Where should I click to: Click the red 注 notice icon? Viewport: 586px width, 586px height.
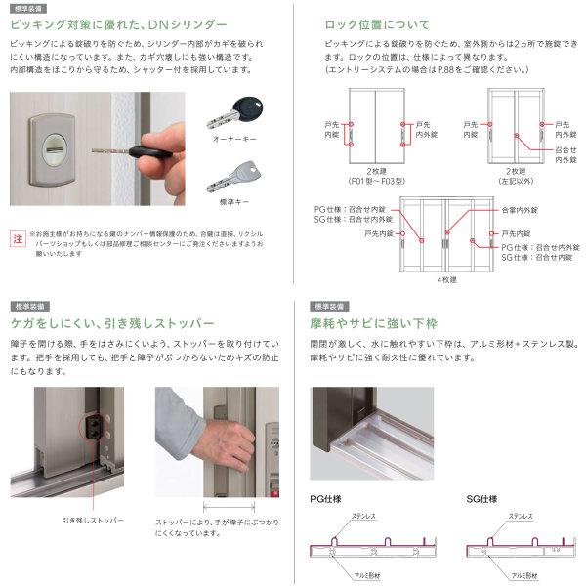coord(16,238)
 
